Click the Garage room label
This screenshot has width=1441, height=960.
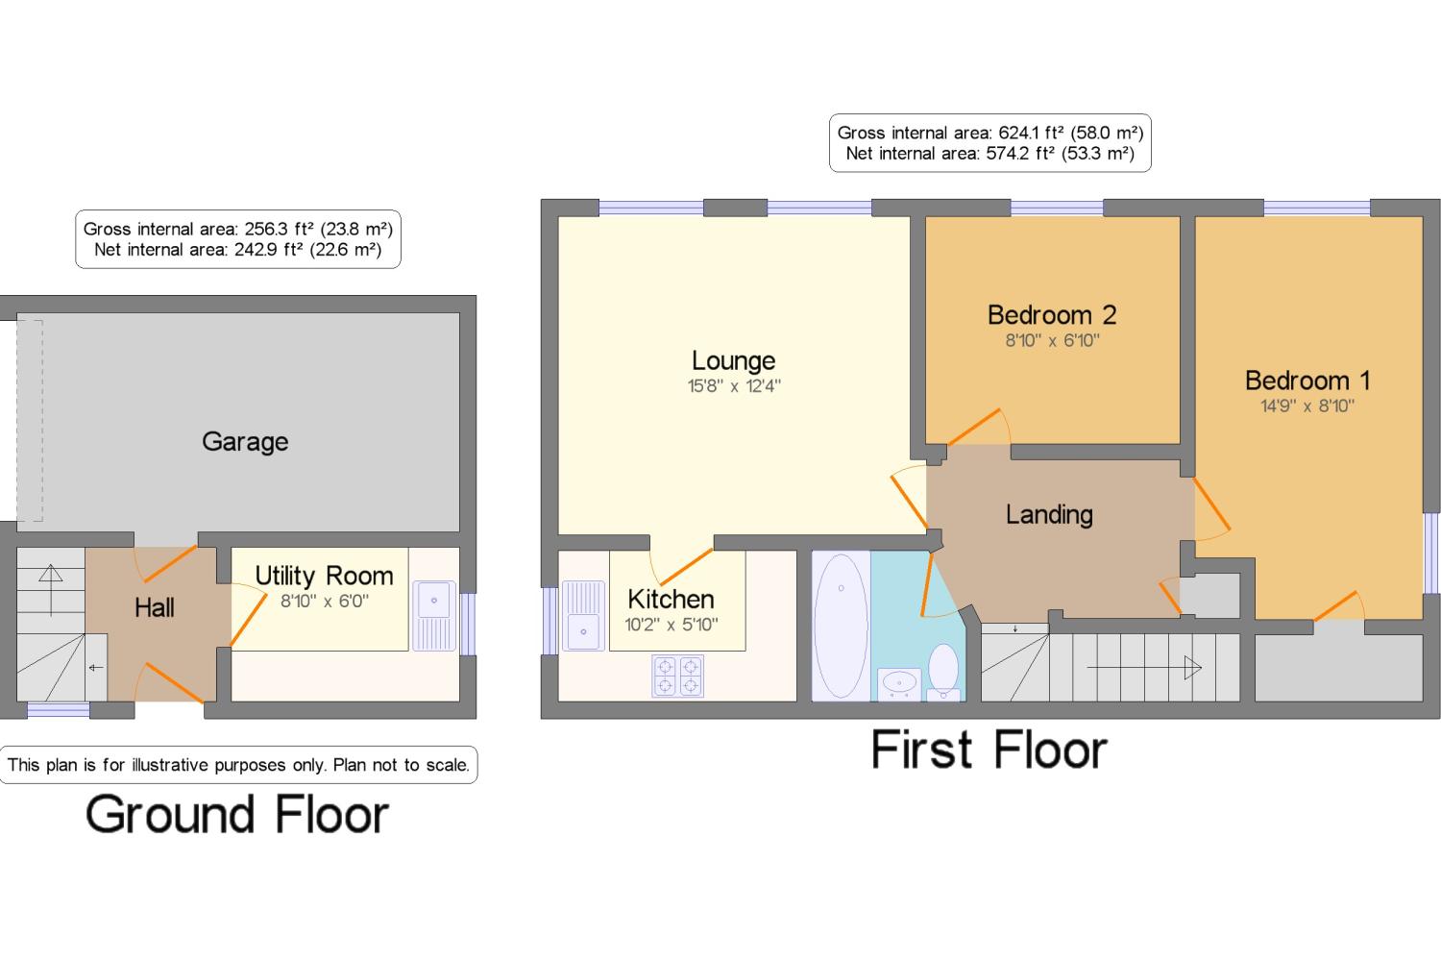(245, 442)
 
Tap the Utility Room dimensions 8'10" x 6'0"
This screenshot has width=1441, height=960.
(325, 601)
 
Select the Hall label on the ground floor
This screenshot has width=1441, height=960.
(155, 607)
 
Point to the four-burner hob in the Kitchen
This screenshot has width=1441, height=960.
(677, 676)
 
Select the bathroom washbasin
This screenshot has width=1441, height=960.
(899, 684)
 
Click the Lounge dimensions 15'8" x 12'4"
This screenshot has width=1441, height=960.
(734, 386)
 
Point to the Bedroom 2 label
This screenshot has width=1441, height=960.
(1052, 315)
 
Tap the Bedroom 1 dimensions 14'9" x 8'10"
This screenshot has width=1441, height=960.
(1307, 406)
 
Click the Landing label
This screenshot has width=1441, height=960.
(1049, 515)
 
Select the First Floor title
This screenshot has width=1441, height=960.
(989, 750)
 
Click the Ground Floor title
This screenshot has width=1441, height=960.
(237, 814)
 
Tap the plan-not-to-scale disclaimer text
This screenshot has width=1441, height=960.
(238, 765)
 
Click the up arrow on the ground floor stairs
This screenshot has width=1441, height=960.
(51, 590)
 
